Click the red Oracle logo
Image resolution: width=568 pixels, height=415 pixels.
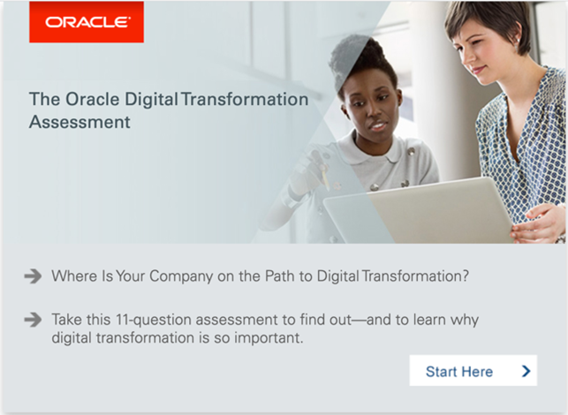(x=87, y=22)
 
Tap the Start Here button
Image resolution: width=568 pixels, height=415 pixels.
(x=473, y=371)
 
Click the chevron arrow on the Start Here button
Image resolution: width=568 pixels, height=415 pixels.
(x=526, y=371)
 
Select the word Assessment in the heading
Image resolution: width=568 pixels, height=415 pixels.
(x=80, y=122)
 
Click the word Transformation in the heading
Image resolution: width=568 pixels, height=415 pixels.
(x=245, y=99)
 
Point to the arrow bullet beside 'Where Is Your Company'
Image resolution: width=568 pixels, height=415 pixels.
(x=33, y=276)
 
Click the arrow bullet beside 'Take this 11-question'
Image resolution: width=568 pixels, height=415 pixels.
(x=33, y=320)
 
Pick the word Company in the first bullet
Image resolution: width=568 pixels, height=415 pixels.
(x=181, y=276)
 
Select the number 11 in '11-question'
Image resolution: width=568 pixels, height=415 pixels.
(x=123, y=320)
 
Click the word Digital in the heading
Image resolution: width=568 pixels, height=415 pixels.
(x=151, y=100)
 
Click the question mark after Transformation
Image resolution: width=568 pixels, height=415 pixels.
(x=465, y=276)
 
